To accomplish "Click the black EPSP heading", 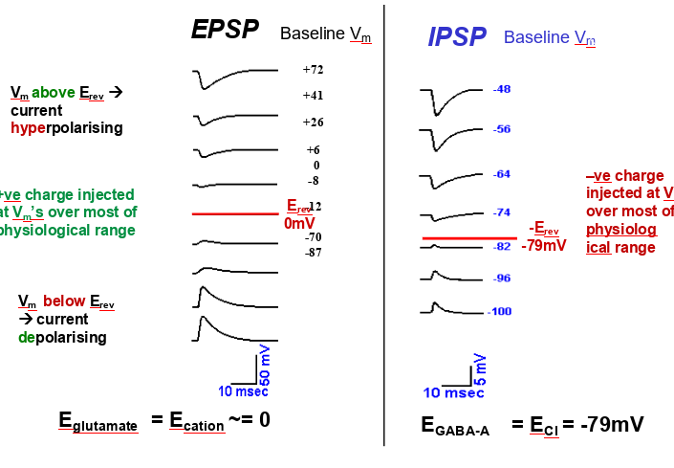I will click(225, 30).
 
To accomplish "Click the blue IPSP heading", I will click(457, 37).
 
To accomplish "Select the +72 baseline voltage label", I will click(313, 70).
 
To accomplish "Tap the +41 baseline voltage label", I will click(313, 96).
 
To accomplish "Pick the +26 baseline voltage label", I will click(313, 123).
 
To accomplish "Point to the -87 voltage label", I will click(314, 253).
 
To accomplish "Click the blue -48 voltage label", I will click(502, 89).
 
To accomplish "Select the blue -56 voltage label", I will click(502, 129).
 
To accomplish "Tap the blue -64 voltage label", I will click(502, 174).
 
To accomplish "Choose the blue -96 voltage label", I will click(502, 279).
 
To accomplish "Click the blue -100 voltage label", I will click(500, 312).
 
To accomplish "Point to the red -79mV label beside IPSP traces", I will click(544, 246).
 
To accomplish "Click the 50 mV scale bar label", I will click(265, 367).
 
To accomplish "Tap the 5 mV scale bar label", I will click(480, 368).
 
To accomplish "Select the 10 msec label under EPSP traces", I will click(243, 390).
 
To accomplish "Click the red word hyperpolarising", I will click(66, 127).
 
